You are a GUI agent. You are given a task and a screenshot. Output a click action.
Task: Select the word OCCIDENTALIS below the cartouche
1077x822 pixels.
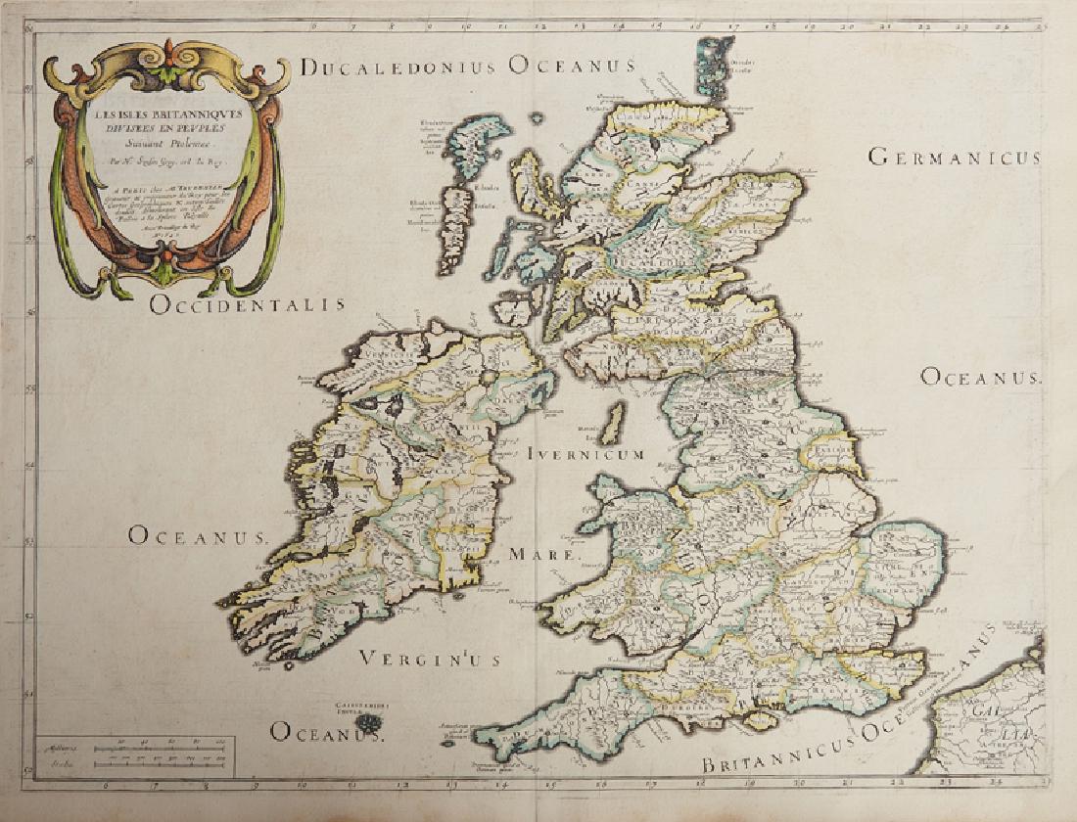point(248,304)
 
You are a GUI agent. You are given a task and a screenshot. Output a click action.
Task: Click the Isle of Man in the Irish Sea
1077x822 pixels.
point(614,425)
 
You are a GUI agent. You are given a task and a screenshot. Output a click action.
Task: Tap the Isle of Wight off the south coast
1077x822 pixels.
point(759,721)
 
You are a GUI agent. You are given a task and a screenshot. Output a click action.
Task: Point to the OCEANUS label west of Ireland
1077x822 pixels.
point(197,535)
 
